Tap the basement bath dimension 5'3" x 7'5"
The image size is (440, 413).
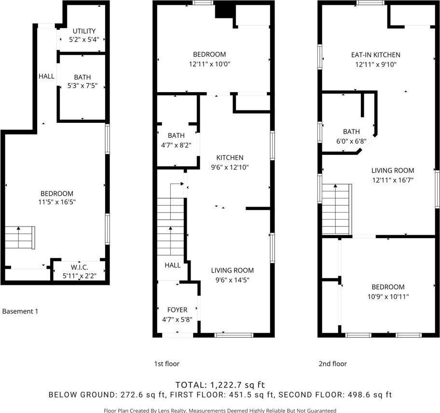pos(82,86)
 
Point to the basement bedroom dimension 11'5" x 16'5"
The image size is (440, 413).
pos(57,202)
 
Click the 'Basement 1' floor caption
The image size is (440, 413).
pos(20,311)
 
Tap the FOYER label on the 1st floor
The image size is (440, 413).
pos(177,309)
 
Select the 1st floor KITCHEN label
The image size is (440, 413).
pos(230,158)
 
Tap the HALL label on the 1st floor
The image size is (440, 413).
pos(173,265)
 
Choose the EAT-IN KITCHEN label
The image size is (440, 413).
pos(375,55)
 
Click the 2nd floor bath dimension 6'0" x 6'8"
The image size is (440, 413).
pos(351,140)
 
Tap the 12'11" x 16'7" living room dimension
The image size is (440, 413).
pos(392,180)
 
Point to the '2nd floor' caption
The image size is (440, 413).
pos(332,364)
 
